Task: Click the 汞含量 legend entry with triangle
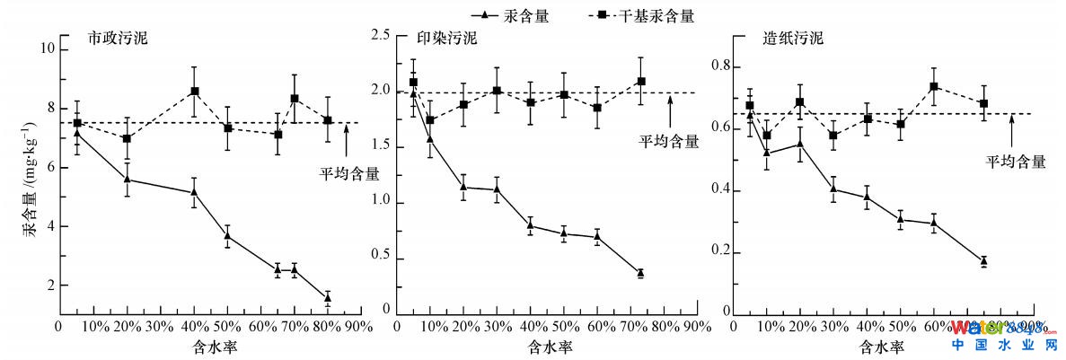tap(513, 15)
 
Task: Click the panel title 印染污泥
tap(447, 39)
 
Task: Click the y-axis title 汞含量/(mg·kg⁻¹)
tap(31, 180)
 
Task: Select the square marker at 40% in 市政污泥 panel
tap(194, 92)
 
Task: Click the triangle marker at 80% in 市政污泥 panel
tap(328, 297)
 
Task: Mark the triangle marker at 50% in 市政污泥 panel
tap(228, 236)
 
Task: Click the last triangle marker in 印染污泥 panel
tap(640, 272)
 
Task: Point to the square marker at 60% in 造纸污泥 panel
tap(934, 87)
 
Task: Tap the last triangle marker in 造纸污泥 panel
tap(984, 260)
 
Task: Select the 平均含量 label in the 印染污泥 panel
tap(669, 140)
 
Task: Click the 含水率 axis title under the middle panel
tap(547, 346)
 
